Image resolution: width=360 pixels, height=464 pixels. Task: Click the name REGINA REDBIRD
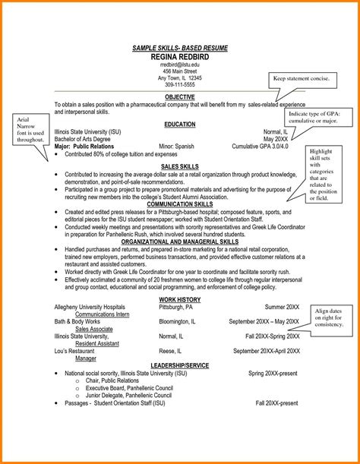pos(180,58)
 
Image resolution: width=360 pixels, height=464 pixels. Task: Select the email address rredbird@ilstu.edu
pos(180,66)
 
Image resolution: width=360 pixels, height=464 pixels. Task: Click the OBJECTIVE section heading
pos(180,97)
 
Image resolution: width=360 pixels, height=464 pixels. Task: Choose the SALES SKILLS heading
pos(180,165)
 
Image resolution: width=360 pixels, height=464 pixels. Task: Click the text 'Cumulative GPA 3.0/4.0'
pos(270,145)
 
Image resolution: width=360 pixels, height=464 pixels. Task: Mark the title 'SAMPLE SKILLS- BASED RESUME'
pos(180,49)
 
